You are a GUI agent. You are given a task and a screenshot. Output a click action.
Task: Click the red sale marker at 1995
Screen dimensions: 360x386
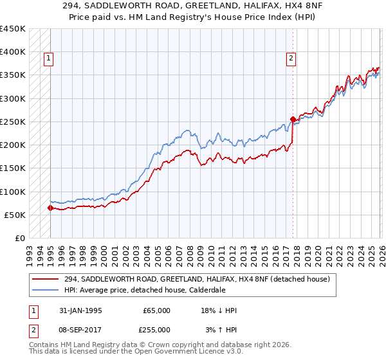click(x=50, y=208)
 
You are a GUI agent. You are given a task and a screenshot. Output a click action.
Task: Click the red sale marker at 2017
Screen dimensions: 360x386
click(x=293, y=119)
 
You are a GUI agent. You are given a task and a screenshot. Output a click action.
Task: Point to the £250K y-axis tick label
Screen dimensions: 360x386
click(x=12, y=122)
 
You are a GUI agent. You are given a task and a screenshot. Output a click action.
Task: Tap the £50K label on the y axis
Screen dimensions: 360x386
click(x=15, y=215)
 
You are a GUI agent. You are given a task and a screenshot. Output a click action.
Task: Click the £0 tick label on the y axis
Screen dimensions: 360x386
click(x=19, y=239)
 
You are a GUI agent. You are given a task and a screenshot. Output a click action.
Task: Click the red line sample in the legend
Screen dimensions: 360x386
click(x=46, y=279)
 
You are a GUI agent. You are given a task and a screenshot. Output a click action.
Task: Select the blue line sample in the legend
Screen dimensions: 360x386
click(x=46, y=290)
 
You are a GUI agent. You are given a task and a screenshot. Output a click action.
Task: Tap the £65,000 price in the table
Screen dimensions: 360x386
click(x=156, y=310)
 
